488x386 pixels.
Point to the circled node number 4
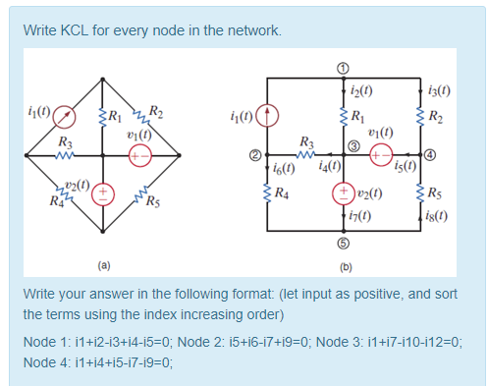pos(429,155)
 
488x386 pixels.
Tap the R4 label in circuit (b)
pos(281,192)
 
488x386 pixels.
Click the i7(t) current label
pos(371,214)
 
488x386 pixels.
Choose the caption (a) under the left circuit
pos(103,264)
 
